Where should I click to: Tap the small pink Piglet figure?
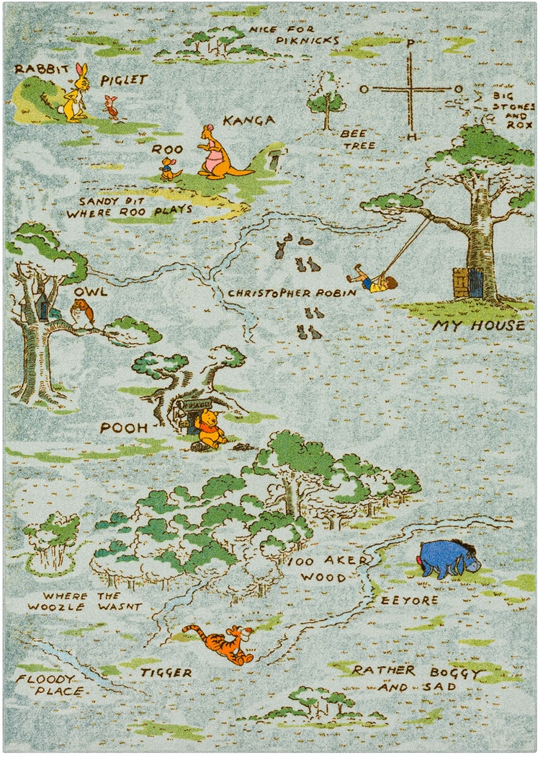coord(111,107)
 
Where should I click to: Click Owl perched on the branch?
coord(84,314)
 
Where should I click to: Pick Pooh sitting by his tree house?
coord(210,429)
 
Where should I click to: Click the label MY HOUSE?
coord(478,326)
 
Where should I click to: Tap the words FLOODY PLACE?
coord(47,685)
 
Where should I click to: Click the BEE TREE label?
coord(358,139)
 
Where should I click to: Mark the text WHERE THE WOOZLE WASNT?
coord(85,601)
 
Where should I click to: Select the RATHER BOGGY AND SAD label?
coord(416,678)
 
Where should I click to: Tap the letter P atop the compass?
coord(410,43)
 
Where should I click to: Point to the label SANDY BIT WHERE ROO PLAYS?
coord(130,207)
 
